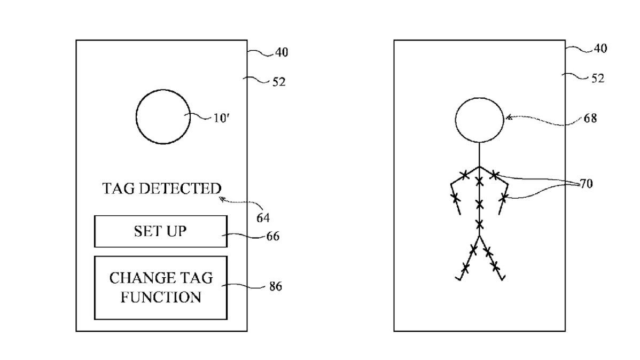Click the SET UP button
[x=160, y=231]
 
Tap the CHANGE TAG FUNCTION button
[x=160, y=287]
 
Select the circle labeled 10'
[x=163, y=117]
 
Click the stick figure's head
[x=479, y=120]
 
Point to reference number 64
[x=262, y=217]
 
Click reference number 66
[x=272, y=236]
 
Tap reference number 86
[x=275, y=287]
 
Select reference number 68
[x=590, y=118]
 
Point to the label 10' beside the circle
[x=221, y=118]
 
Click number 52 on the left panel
[x=278, y=82]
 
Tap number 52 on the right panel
[x=597, y=78]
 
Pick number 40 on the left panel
[x=282, y=52]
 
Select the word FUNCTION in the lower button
[x=160, y=297]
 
